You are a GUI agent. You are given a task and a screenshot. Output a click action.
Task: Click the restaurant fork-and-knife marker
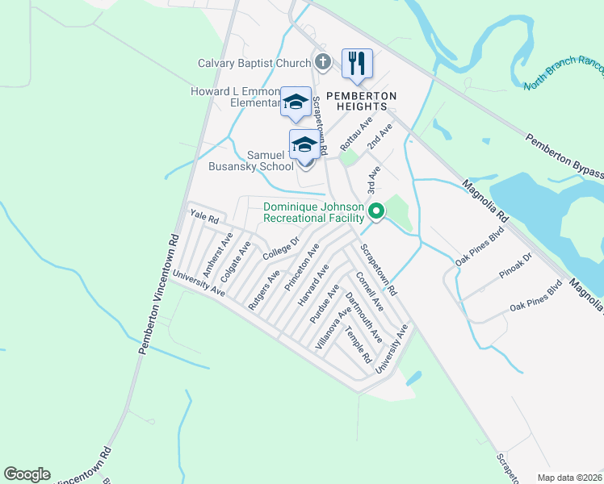coord(356,63)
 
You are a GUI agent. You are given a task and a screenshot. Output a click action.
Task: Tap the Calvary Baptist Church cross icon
coord(322,63)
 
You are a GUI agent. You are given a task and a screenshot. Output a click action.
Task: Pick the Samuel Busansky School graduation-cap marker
coord(304,145)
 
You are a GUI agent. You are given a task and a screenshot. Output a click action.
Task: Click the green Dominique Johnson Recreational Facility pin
coord(375,212)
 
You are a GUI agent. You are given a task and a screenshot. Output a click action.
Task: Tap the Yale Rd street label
coord(205,218)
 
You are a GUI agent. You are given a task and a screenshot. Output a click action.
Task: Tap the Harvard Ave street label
coord(313,284)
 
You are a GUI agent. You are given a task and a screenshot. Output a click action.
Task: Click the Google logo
coord(27,474)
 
